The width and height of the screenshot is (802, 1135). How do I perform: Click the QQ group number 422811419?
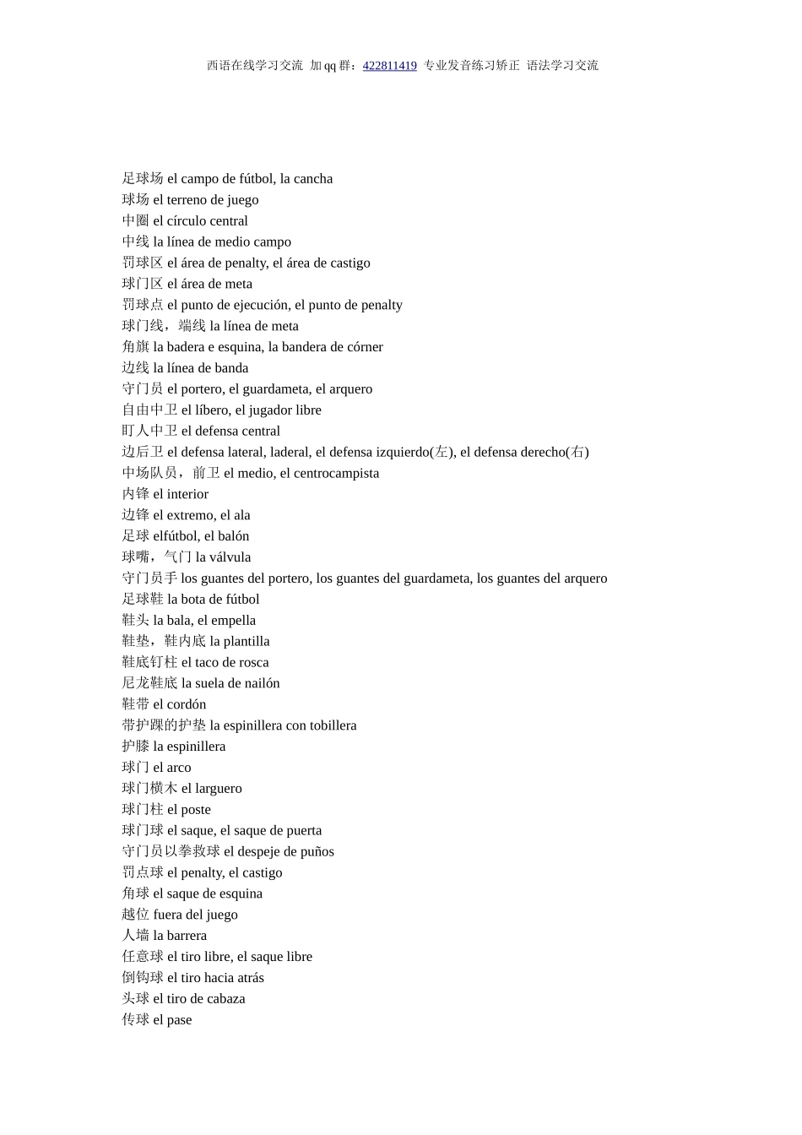pyautogui.click(x=389, y=66)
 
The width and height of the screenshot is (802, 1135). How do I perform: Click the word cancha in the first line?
pyautogui.click(x=312, y=179)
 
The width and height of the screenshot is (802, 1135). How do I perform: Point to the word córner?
pyautogui.click(x=362, y=347)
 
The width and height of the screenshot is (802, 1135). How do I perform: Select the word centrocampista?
pyautogui.click(x=336, y=474)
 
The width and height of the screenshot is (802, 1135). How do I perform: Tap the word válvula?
pyautogui.click(x=230, y=557)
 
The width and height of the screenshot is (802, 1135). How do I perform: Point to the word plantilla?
pyautogui.click(x=247, y=642)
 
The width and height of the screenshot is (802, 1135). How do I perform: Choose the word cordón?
pyautogui.click(x=187, y=705)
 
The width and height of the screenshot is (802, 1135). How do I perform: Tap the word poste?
pyautogui.click(x=196, y=810)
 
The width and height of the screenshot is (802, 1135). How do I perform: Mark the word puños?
pyautogui.click(x=316, y=852)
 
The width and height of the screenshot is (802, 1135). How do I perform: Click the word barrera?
pyautogui.click(x=187, y=936)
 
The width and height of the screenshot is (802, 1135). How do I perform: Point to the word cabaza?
pyautogui.click(x=225, y=999)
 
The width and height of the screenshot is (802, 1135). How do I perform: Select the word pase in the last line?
pyautogui.click(x=179, y=1020)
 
